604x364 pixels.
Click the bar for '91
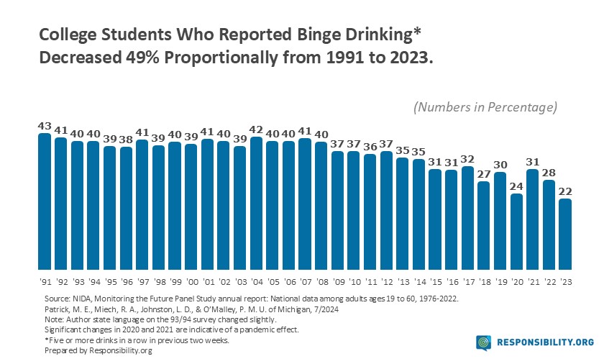pos(45,201)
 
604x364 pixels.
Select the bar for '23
pos(565,233)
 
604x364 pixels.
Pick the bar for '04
pos(256,202)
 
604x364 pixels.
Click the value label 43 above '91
pos(45,126)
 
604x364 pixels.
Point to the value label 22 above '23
pos(565,191)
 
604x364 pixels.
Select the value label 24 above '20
pos(516,186)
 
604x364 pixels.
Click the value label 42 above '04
pos(256,129)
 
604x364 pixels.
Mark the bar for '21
pos(533,218)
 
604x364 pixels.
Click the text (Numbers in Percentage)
pos(485,107)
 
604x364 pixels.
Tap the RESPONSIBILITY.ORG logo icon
pos(484,342)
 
